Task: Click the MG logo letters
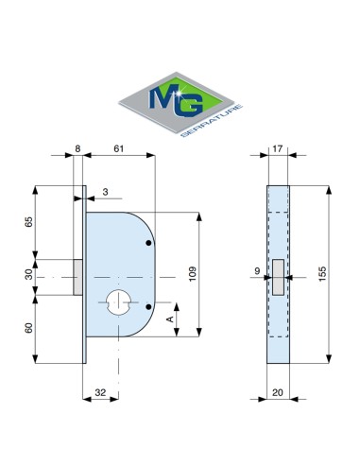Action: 176,99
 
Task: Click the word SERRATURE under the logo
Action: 213,121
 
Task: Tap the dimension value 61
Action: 119,148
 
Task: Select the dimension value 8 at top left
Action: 77,148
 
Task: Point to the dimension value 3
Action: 106,192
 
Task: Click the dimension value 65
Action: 28,222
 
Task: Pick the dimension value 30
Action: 28,274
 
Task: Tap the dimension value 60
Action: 28,328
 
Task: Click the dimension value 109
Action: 192,274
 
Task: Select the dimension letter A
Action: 170,319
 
